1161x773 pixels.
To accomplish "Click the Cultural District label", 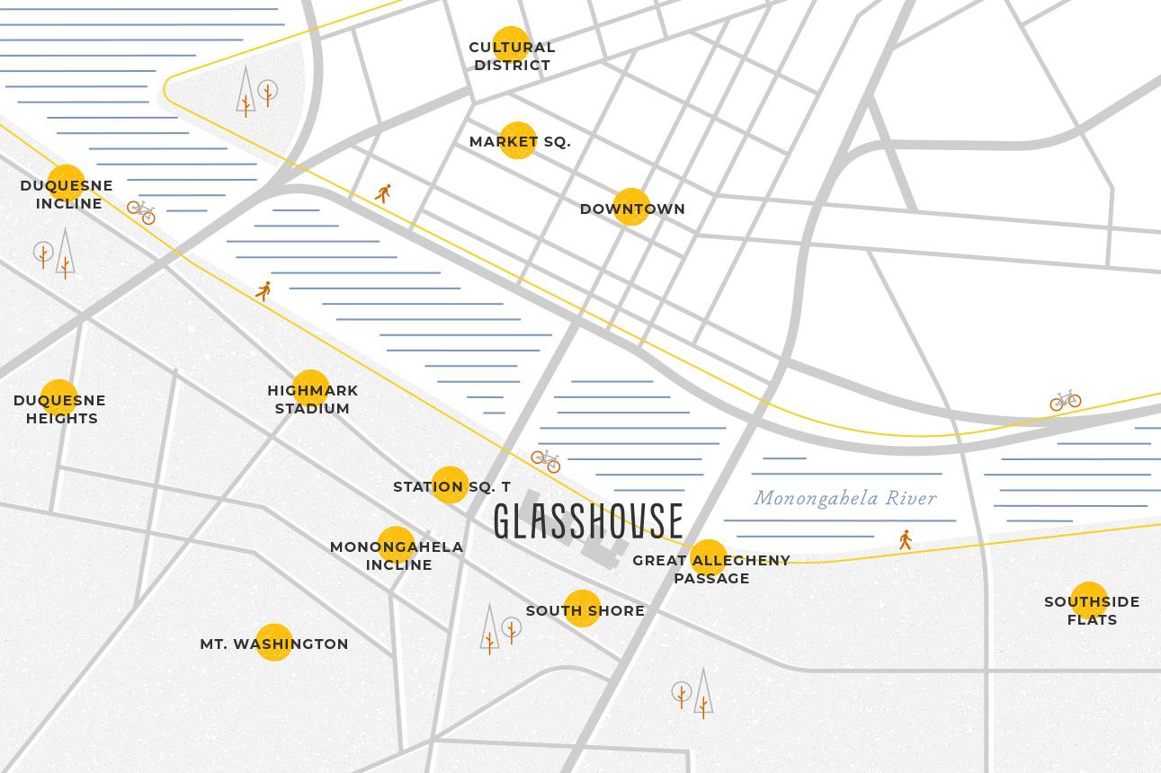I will click(512, 56).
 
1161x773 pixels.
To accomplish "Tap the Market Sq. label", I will click(520, 142).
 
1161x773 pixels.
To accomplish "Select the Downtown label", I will click(632, 209).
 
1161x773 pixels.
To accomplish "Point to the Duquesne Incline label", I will click(67, 194).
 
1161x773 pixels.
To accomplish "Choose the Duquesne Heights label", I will click(60, 409).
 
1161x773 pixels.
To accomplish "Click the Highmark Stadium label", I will click(312, 399).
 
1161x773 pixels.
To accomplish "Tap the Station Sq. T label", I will click(451, 486).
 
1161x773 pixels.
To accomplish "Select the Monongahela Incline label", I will click(397, 555).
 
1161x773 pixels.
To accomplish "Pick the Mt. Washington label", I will click(274, 644).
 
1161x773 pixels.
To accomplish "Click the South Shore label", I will click(585, 610).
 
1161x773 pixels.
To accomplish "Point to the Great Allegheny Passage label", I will click(711, 569).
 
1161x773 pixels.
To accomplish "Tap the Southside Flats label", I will click(1092, 610).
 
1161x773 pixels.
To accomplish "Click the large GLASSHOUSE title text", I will click(588, 521).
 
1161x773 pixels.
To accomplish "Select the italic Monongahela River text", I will click(844, 498).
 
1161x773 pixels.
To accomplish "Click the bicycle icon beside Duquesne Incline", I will click(141, 212).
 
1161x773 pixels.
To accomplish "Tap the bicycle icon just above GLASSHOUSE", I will click(546, 461).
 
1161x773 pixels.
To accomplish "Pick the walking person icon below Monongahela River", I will click(906, 539).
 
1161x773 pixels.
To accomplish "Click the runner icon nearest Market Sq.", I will click(384, 193).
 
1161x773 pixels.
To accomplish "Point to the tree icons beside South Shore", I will click(499, 628).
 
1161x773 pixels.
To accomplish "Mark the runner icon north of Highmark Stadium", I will click(263, 291).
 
